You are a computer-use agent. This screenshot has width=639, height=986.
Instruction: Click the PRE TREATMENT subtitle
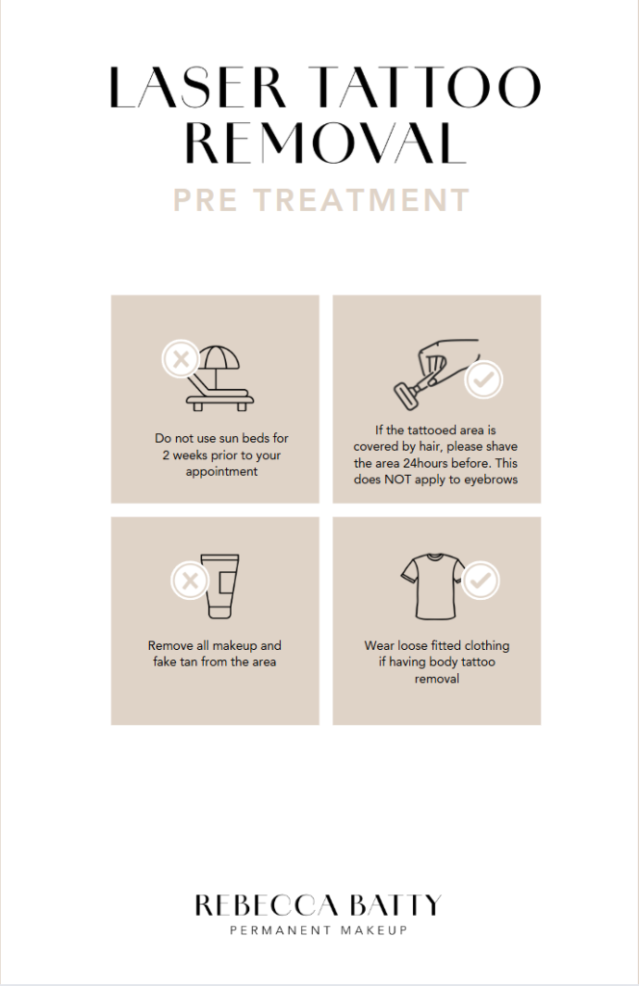click(321, 200)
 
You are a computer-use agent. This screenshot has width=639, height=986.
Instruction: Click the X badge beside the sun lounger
click(181, 360)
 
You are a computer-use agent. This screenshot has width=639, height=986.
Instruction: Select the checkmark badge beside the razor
click(483, 379)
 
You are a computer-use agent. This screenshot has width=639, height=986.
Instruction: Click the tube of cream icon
click(220, 586)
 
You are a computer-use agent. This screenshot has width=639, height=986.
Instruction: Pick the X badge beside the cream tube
click(190, 580)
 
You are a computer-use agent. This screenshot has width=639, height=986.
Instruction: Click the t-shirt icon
click(432, 586)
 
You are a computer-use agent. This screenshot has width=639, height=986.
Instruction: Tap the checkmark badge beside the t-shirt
click(480, 580)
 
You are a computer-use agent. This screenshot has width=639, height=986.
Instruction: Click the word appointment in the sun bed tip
click(221, 472)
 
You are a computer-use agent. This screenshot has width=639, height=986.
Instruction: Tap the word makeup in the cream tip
click(235, 646)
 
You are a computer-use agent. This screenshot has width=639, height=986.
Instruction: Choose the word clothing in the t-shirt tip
click(486, 646)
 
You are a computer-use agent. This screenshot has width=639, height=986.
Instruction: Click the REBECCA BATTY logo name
click(318, 905)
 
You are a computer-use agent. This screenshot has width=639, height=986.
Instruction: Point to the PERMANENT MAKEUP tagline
click(319, 930)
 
